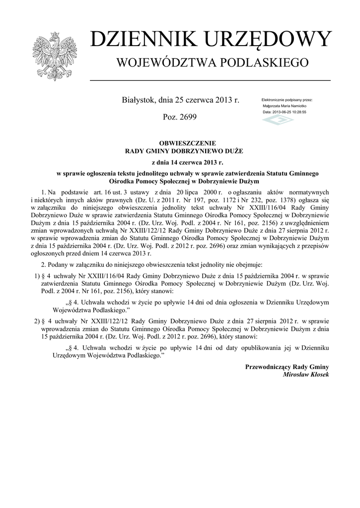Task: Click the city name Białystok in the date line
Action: (x=139, y=100)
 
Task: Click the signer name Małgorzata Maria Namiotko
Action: (x=284, y=106)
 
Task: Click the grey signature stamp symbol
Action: (x=278, y=120)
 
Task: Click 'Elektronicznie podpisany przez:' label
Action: (x=287, y=100)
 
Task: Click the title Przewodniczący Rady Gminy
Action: (x=287, y=367)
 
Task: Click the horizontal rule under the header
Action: (x=210, y=80)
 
